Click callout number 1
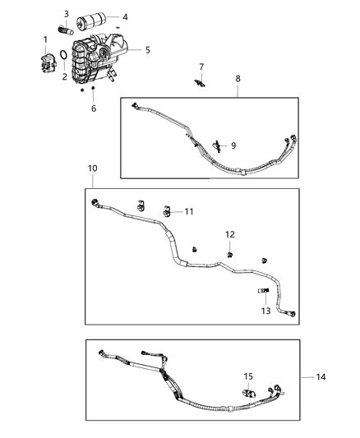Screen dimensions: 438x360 [x=45, y=39]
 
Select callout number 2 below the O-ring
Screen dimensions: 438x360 [x=65, y=76]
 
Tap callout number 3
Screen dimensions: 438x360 [x=67, y=14]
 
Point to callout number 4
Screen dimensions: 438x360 [x=125, y=17]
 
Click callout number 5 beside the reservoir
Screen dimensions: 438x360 [x=147, y=50]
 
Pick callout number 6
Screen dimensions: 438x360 [x=93, y=108]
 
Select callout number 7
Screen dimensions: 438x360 [x=201, y=66]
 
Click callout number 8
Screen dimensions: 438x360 [x=238, y=78]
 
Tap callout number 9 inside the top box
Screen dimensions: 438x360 [x=233, y=145]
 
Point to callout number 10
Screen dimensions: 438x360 [x=92, y=168]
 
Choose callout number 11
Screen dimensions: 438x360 [x=189, y=211]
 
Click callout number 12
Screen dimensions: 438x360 [x=230, y=234]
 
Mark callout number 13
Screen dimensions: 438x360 [x=265, y=311]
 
